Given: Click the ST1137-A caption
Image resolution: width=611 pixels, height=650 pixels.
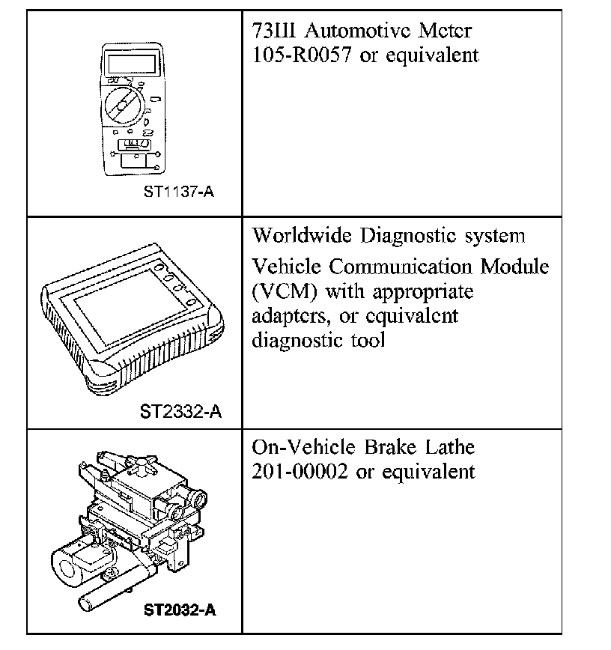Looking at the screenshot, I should [179, 193].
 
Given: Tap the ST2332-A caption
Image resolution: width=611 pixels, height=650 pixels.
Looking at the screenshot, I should [180, 411].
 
